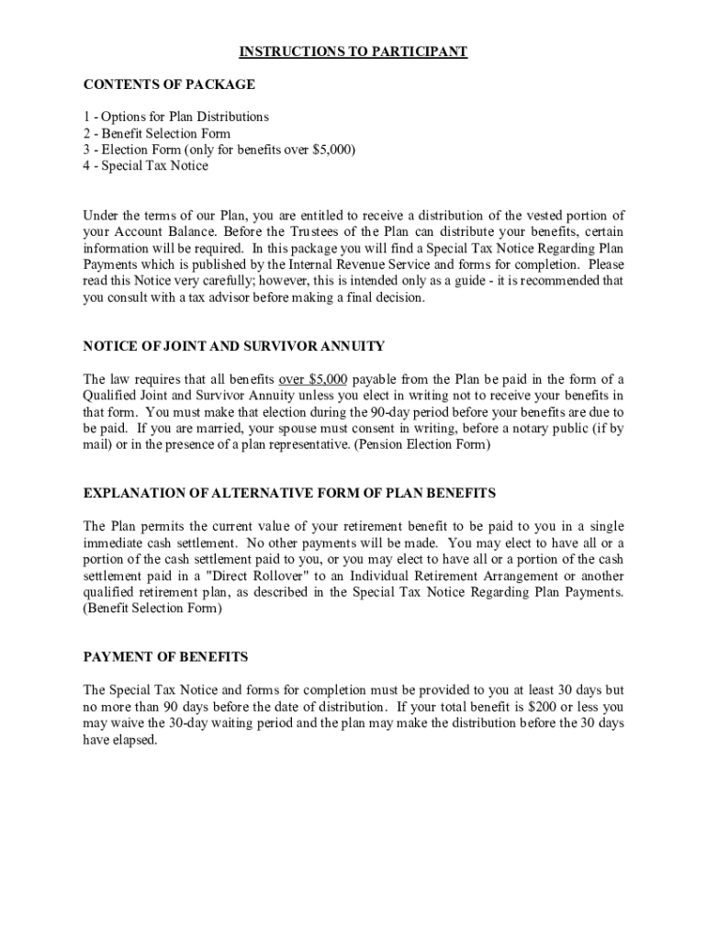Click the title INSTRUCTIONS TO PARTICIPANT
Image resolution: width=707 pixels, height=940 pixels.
click(353, 52)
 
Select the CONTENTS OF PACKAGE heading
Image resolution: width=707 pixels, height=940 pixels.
click(169, 84)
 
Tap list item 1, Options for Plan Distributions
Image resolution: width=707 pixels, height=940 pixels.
click(176, 117)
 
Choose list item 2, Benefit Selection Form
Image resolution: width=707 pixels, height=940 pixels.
click(157, 133)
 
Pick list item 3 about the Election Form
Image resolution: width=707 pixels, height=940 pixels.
click(219, 150)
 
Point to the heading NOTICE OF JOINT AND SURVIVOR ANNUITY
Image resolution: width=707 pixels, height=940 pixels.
click(234, 346)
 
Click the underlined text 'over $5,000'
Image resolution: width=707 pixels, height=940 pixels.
click(313, 379)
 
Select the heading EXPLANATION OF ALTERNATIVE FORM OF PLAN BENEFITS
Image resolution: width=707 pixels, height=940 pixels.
click(289, 493)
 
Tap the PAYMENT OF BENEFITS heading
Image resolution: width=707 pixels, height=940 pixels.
click(165, 657)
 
